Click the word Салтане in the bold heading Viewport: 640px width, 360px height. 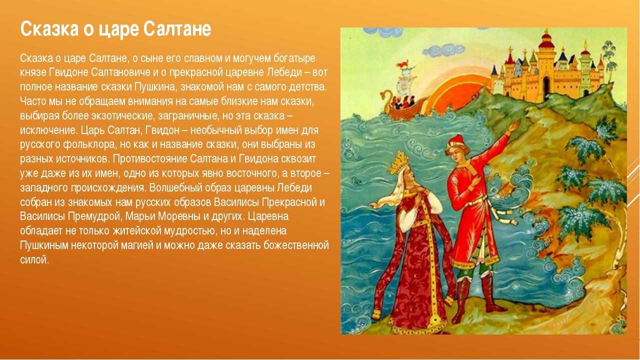(x=177, y=29)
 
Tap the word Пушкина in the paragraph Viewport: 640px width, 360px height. (x=153, y=86)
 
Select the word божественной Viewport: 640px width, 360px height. (x=296, y=245)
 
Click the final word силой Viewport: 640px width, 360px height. (x=34, y=259)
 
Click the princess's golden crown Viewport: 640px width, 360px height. (x=398, y=162)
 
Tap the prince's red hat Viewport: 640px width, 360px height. (x=455, y=141)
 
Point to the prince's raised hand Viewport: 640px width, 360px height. (x=514, y=125)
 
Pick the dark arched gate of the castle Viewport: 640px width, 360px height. (x=546, y=85)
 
